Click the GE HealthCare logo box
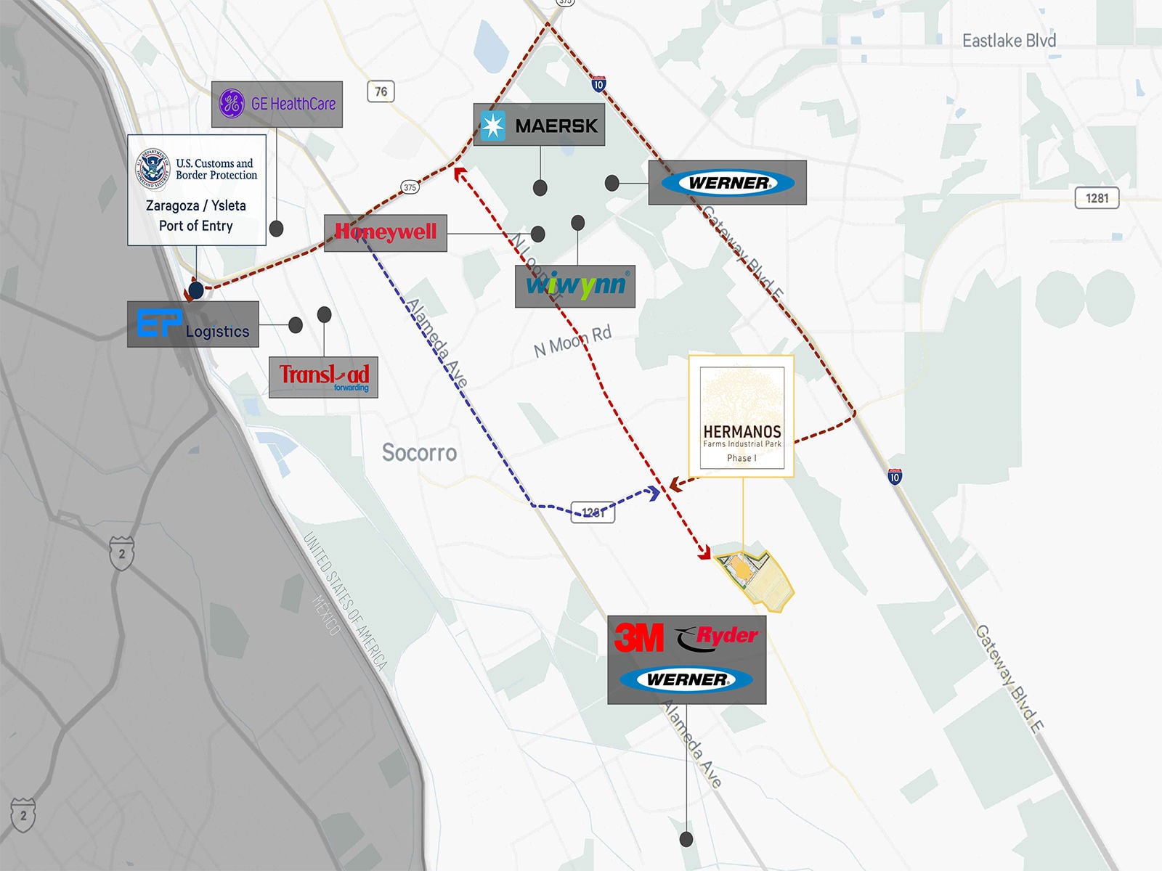[277, 104]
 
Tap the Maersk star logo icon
[493, 126]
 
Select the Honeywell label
[385, 232]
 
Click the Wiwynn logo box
[575, 286]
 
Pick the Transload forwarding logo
[323, 377]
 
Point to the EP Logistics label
[193, 324]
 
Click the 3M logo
[639, 638]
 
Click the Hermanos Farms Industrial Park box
[742, 416]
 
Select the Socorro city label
[419, 453]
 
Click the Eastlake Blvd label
[1009, 41]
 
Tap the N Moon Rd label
[572, 340]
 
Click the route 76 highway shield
[381, 91]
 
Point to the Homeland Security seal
[153, 168]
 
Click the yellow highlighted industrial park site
[756, 579]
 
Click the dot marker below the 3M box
[686, 840]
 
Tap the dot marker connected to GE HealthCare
[276, 229]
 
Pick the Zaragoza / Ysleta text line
[196, 205]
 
